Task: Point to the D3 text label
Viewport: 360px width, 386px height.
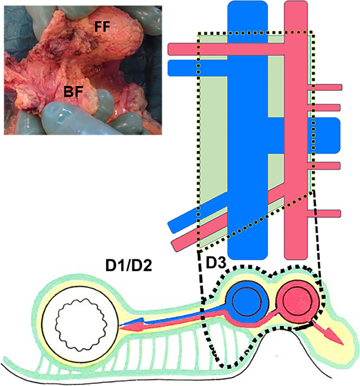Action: click(216, 262)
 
